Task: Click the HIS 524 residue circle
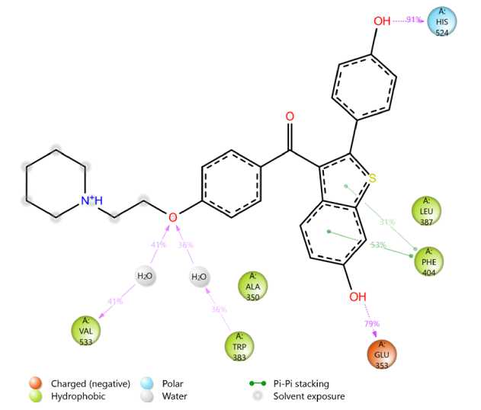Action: [x=441, y=21]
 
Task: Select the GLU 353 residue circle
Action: [x=382, y=354]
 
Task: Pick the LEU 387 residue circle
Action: [x=426, y=210]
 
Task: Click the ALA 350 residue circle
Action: [x=253, y=287]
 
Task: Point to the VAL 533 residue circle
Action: [x=86, y=331]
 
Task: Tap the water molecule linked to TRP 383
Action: [x=198, y=276]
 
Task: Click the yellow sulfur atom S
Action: [x=372, y=179]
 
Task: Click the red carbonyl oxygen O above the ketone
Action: [x=290, y=117]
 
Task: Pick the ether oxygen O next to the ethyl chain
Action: [x=173, y=218]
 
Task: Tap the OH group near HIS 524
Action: [x=382, y=21]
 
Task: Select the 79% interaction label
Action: [x=371, y=325]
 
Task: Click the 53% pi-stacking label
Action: [x=377, y=245]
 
